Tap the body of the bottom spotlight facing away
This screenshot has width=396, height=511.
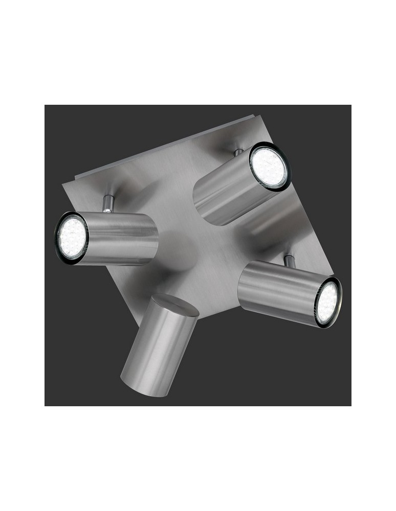click(156, 347)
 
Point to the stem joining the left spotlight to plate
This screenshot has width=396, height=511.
click(107, 203)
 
